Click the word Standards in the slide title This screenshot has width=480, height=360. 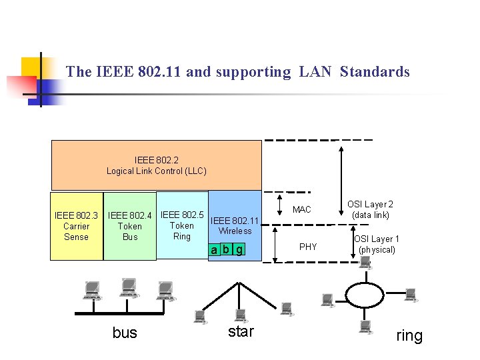coord(375,72)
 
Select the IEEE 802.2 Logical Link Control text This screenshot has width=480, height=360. coord(157,165)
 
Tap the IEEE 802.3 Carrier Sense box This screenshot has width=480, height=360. coord(77,226)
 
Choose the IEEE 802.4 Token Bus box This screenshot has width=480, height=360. coord(130,226)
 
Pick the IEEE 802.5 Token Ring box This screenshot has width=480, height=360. coord(182,225)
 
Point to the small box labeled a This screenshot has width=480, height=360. coord(214,251)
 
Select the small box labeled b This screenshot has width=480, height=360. coord(226,250)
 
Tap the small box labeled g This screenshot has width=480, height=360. coord(239,250)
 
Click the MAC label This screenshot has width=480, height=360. coord(301,209)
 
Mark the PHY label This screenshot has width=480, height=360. coord(308,247)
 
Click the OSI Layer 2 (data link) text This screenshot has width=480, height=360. coord(370,209)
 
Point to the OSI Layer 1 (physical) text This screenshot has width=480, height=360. coord(377,244)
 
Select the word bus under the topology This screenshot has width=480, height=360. coord(125,333)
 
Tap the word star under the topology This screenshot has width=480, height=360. coord(241,331)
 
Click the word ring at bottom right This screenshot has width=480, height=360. coord(409,335)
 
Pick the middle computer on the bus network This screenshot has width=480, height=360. coord(129,288)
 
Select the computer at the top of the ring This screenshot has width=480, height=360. coord(365,263)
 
